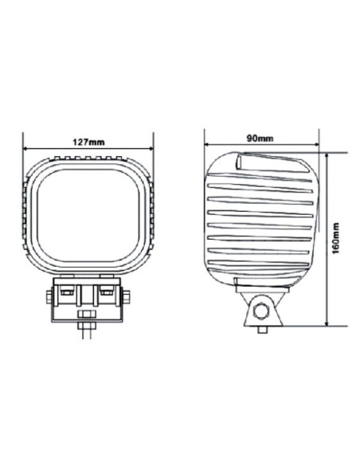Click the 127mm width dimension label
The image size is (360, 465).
point(88,142)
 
